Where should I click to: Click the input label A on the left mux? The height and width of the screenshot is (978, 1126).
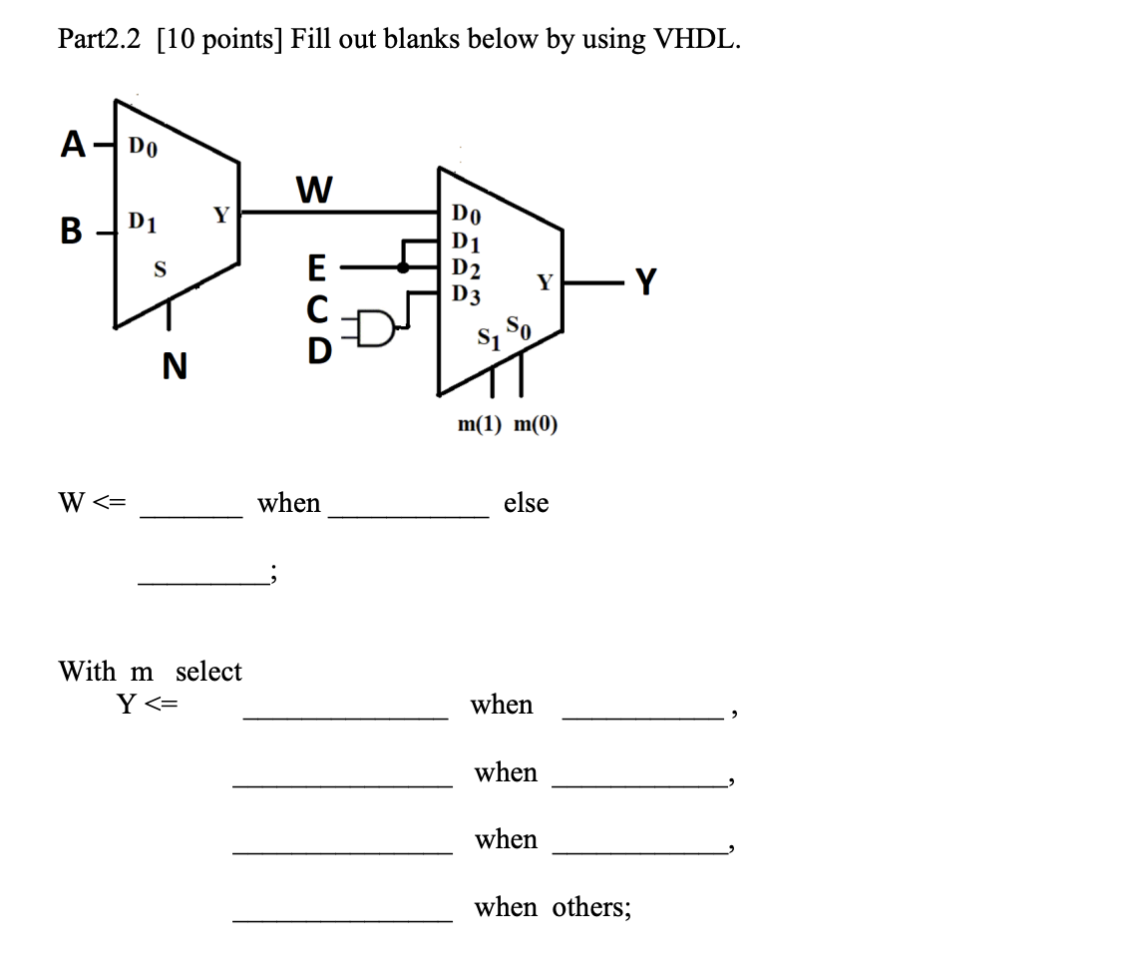point(72,146)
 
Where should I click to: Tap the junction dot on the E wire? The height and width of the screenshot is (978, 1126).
point(402,267)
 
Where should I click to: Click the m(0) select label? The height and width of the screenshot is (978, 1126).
point(536,424)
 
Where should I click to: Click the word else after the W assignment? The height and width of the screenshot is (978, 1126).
point(526,503)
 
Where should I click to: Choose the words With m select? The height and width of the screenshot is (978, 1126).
point(150,671)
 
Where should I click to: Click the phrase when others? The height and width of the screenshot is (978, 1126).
point(552,907)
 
